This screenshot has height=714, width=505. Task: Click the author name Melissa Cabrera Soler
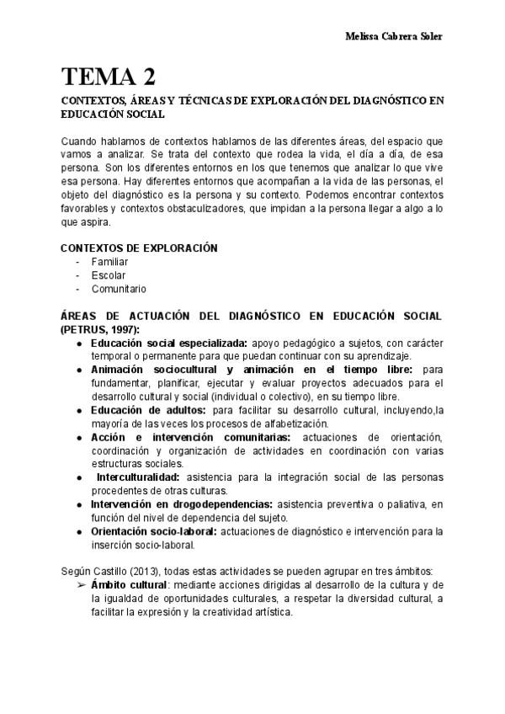pos(395,36)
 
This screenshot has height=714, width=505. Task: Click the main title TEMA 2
pos(108,77)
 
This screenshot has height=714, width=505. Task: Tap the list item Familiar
pos(109,262)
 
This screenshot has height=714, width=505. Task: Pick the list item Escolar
pos(109,275)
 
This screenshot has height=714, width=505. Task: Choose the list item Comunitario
pos(119,289)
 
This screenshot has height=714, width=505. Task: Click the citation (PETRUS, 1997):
pos(101,329)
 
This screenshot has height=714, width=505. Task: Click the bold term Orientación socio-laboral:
pos(154,531)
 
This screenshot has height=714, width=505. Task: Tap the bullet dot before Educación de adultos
pos(79,410)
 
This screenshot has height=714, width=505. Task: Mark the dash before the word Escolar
pos(78,275)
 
